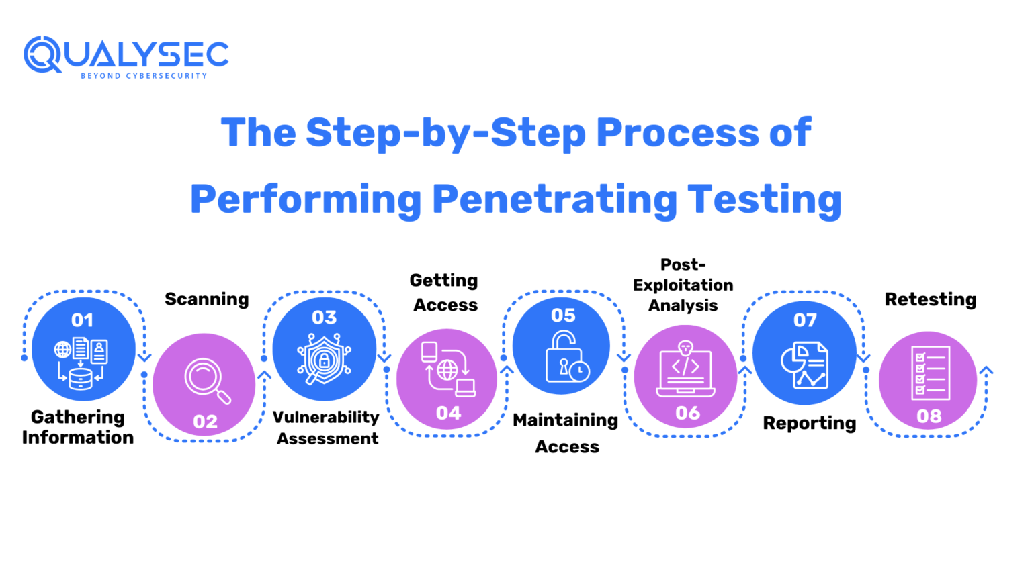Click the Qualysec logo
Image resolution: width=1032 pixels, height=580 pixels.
(126, 55)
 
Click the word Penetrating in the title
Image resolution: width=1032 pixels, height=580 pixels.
(554, 199)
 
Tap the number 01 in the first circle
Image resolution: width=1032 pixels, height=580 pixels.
(82, 320)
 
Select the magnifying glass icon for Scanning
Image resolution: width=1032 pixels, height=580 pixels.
(207, 381)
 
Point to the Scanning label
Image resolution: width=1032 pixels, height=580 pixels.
(206, 299)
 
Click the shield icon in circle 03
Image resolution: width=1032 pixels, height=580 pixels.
(325, 358)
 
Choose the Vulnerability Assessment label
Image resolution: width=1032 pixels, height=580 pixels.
(327, 428)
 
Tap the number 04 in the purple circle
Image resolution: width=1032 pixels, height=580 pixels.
(448, 413)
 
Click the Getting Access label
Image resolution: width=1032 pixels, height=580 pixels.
(445, 293)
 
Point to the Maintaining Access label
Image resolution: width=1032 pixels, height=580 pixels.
(566, 433)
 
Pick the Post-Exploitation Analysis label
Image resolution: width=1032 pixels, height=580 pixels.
(683, 285)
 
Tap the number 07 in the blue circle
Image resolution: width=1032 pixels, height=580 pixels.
(805, 320)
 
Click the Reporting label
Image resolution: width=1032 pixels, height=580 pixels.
(809, 423)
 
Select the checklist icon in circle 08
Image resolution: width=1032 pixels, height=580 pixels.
(930, 373)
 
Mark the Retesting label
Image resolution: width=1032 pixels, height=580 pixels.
(930, 299)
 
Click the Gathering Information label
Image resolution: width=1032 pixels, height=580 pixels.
(77, 427)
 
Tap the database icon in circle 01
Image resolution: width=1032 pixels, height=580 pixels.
(81, 378)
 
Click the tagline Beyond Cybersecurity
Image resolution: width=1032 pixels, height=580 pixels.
(144, 76)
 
